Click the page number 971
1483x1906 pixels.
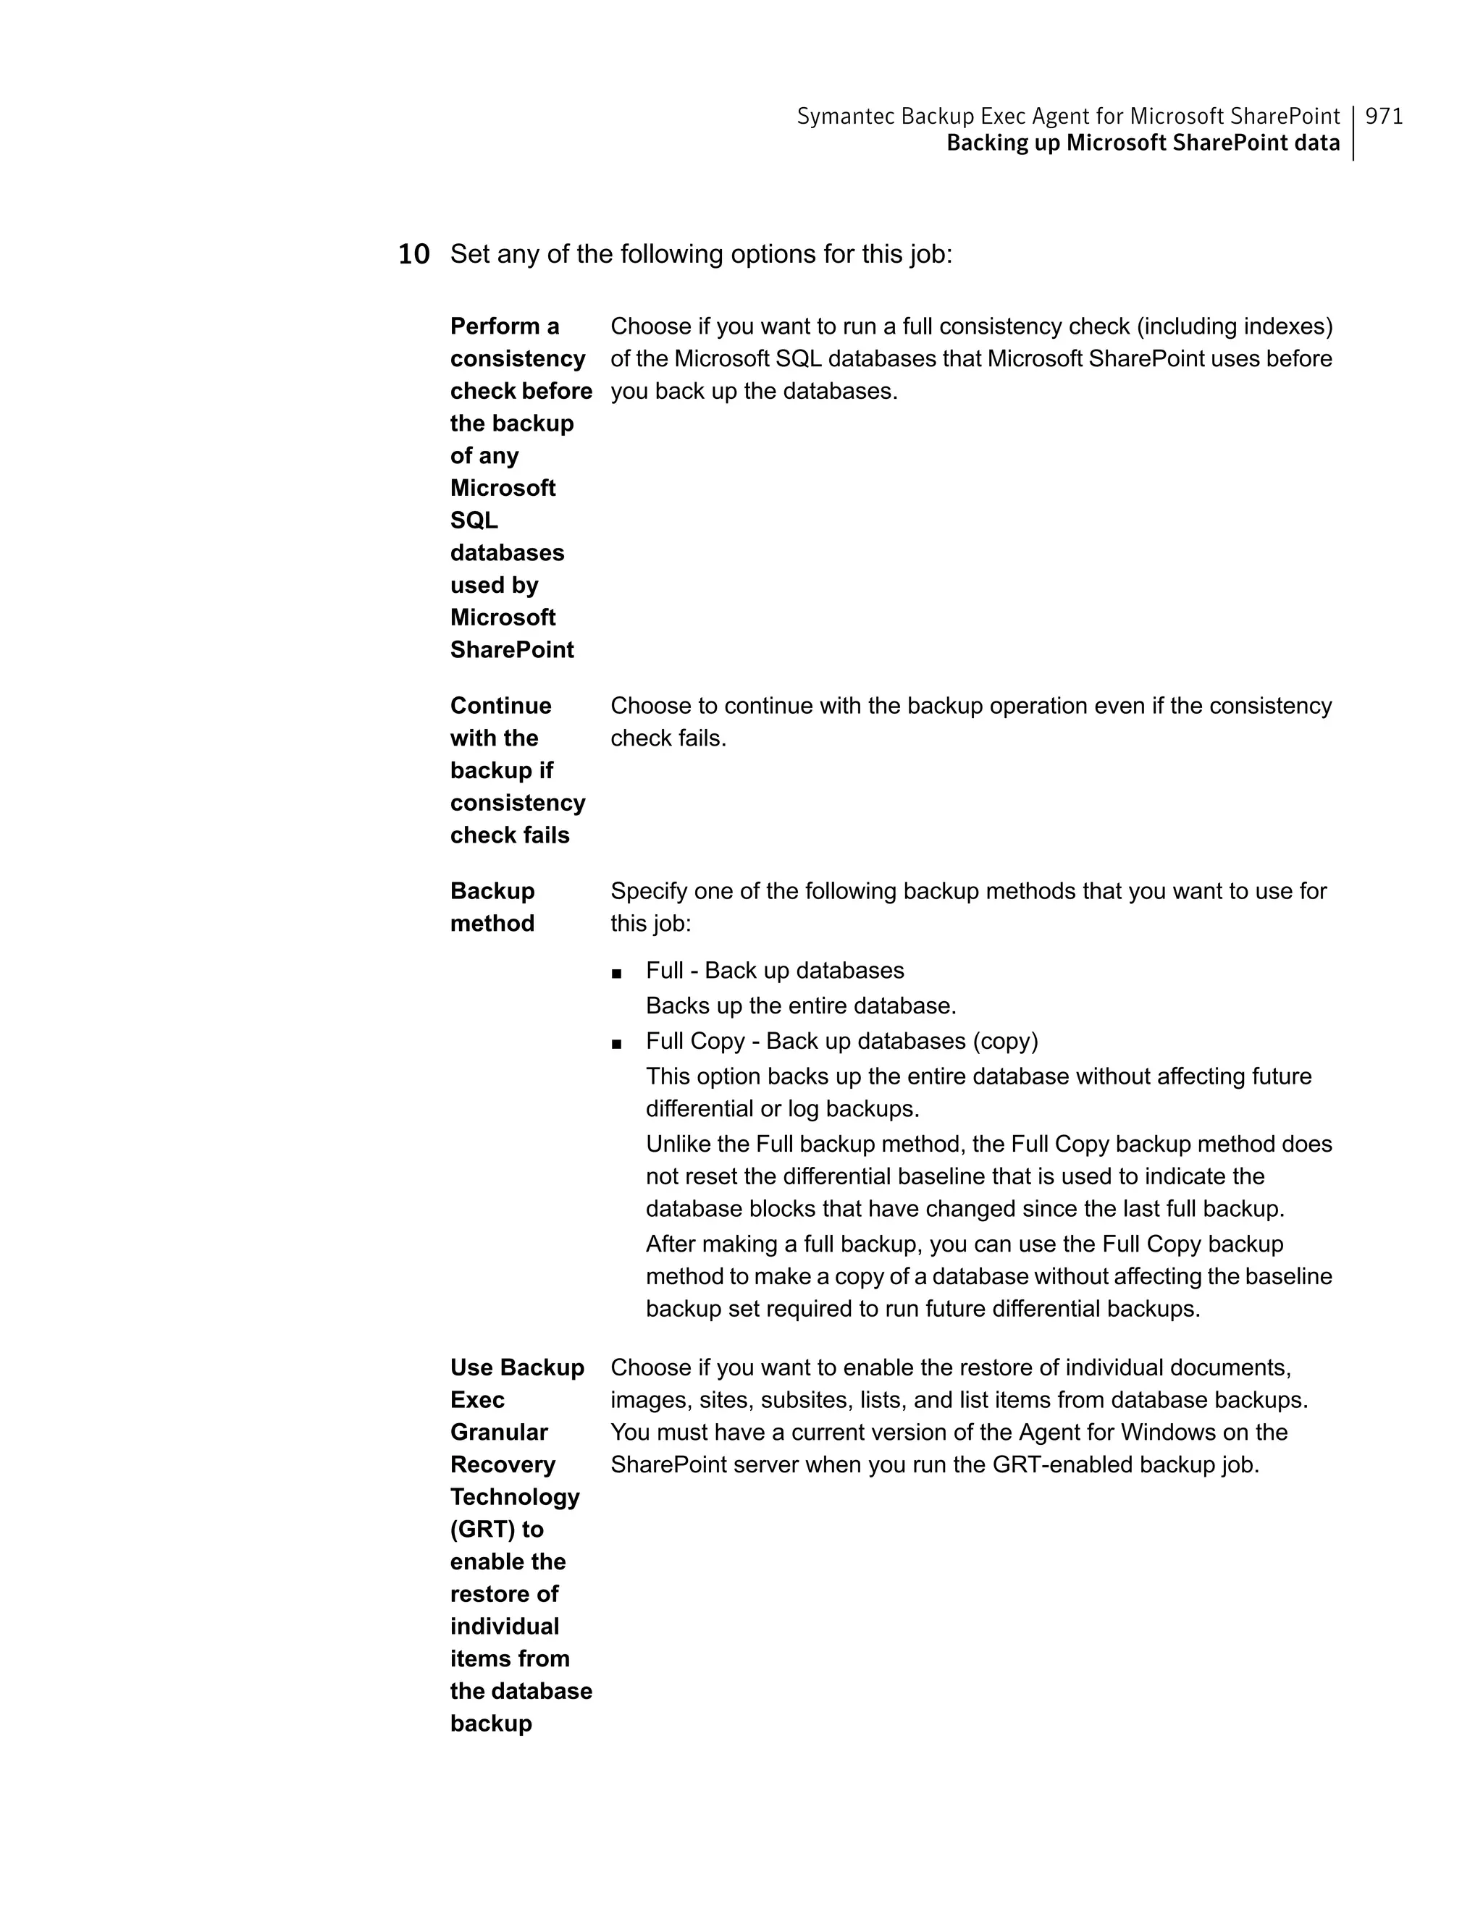click(1384, 116)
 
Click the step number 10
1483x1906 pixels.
click(413, 255)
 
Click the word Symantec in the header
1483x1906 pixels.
click(845, 116)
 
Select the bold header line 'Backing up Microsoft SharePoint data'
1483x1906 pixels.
click(1143, 143)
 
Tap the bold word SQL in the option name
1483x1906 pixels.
click(474, 521)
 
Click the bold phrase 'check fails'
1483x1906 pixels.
click(510, 835)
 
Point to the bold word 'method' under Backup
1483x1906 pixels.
click(492, 924)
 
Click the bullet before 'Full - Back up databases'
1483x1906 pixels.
click(617, 973)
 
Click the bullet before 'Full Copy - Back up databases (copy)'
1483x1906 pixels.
click(617, 1044)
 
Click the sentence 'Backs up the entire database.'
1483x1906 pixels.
click(800, 1006)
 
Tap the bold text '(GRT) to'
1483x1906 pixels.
click(497, 1529)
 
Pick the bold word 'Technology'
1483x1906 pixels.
click(515, 1497)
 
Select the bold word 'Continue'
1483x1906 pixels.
click(501, 705)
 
